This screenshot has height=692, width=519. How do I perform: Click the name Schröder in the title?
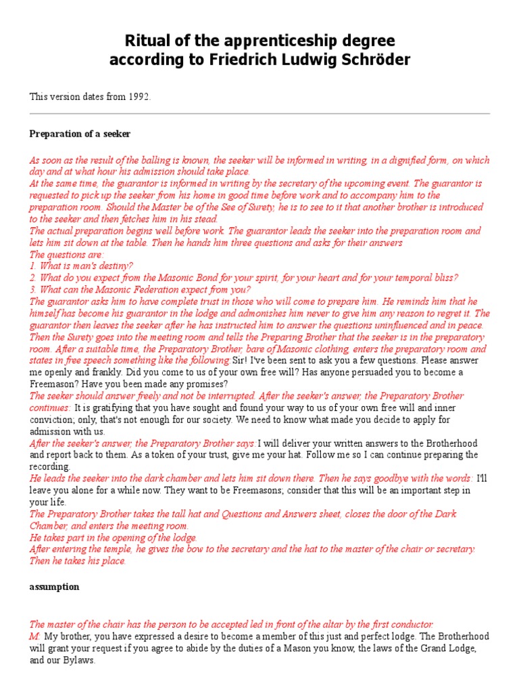(x=373, y=61)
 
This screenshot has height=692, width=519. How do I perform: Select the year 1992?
(x=138, y=97)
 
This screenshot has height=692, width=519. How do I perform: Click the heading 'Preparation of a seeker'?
(x=80, y=134)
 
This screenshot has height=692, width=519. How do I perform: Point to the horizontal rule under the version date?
(x=259, y=114)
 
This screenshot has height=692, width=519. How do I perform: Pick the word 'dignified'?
(x=372, y=161)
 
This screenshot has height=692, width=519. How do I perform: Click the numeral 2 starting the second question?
(x=32, y=278)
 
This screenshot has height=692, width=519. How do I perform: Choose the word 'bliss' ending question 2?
(x=444, y=278)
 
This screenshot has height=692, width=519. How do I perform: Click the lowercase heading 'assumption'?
(x=54, y=587)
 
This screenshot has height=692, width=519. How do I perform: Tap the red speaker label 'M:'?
(x=34, y=637)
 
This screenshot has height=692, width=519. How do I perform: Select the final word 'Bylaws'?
(x=78, y=660)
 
